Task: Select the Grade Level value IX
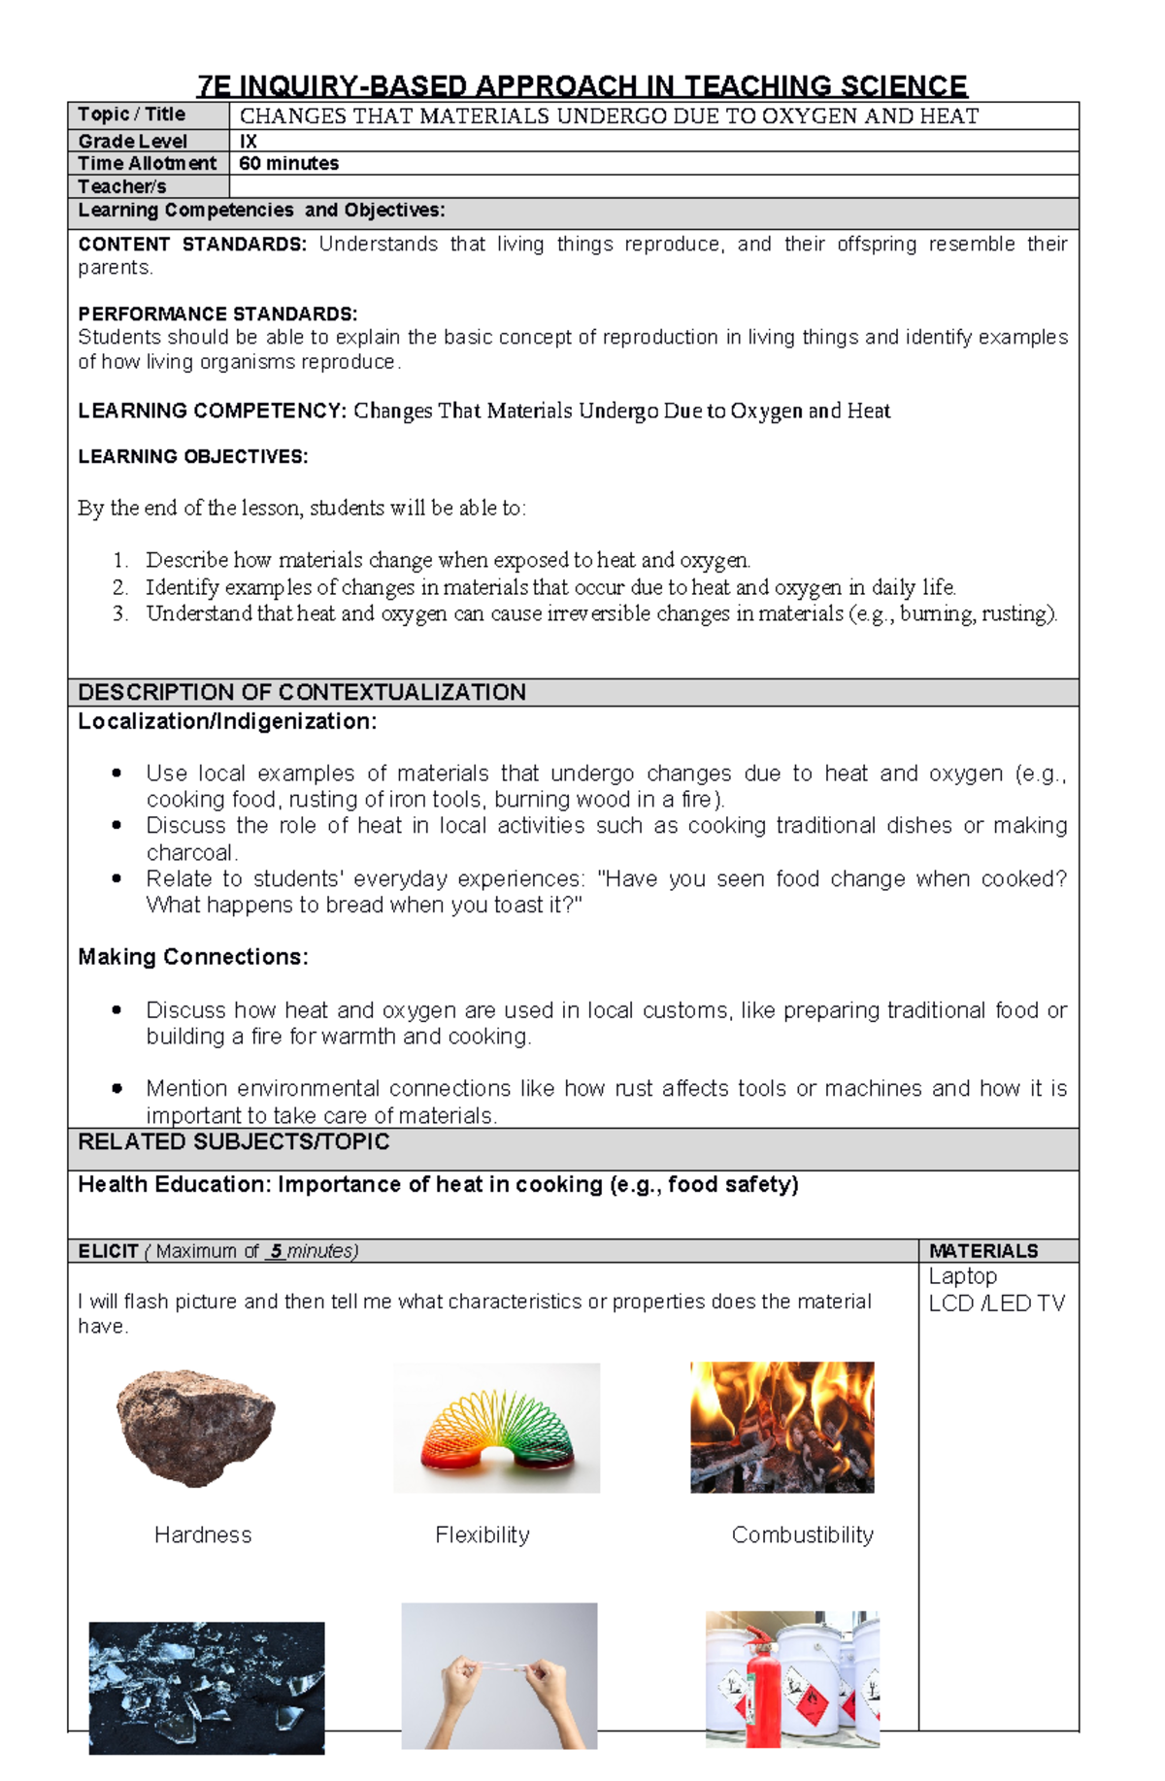point(248,141)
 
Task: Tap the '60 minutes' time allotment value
point(288,163)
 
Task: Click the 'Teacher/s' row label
point(122,186)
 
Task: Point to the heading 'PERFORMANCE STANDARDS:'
point(217,313)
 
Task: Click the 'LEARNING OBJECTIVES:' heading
point(192,456)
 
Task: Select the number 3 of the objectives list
point(119,613)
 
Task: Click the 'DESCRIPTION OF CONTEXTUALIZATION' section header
point(301,692)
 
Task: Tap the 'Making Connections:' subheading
point(192,957)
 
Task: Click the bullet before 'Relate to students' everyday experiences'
point(116,878)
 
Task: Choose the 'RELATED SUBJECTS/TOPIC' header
point(233,1141)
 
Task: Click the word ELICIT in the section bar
point(108,1251)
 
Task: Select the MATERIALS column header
point(982,1251)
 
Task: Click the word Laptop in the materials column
point(962,1276)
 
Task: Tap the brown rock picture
point(195,1427)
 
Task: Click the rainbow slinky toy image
point(496,1429)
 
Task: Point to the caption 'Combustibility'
point(802,1534)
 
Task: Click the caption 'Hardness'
point(202,1534)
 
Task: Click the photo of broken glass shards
point(206,1687)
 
